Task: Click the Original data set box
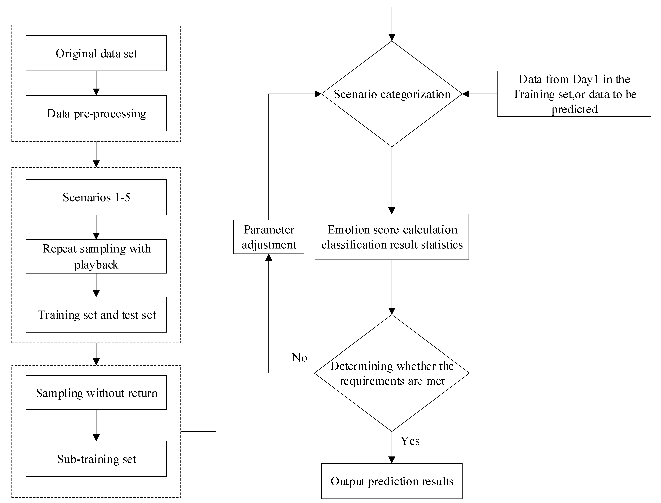coord(96,53)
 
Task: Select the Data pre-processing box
coord(96,113)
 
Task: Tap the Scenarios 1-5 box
coord(96,197)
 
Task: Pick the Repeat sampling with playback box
coord(96,256)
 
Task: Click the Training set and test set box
coord(96,315)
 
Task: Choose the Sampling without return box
coord(96,393)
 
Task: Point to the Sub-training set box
coord(96,459)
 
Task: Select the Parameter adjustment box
coord(269,237)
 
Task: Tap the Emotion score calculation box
coord(392,237)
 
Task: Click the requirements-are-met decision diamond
coord(392,373)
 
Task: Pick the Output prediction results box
coord(392,481)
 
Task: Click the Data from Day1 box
coord(574,94)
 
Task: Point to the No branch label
coord(299,358)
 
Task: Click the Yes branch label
coord(410,441)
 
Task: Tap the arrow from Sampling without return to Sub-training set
coord(96,425)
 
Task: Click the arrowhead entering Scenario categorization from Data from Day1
coord(466,94)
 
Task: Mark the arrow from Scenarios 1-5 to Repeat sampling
coord(96,227)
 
